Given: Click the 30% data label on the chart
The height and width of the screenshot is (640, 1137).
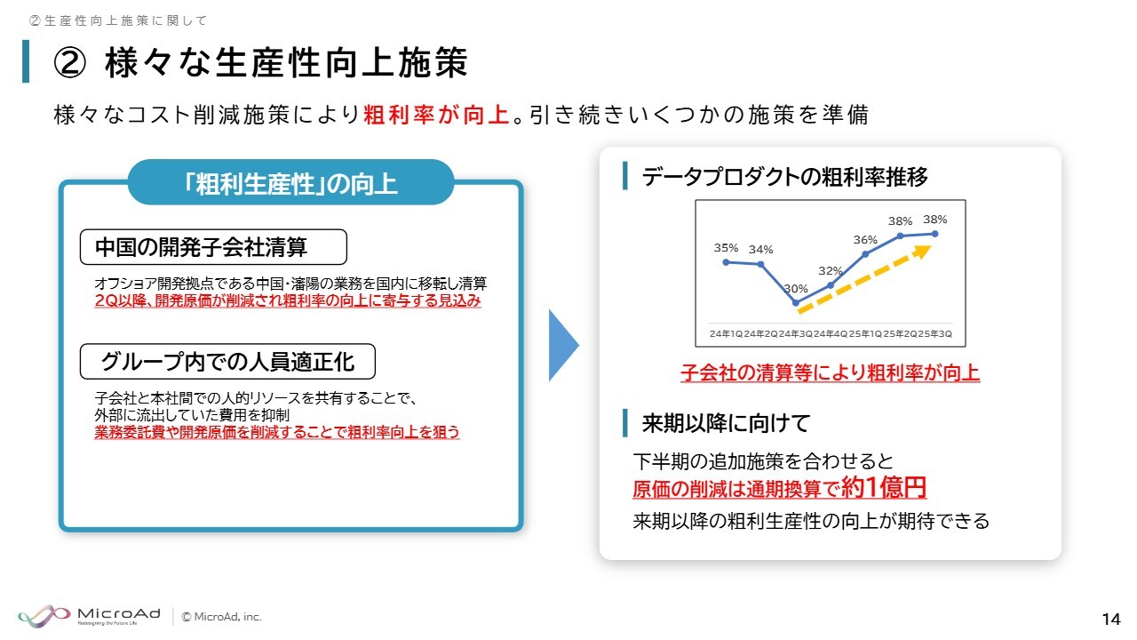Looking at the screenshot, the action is [795, 289].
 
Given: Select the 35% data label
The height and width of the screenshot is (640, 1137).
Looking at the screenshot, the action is [726, 248].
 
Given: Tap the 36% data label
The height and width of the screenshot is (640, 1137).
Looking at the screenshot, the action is [865, 240].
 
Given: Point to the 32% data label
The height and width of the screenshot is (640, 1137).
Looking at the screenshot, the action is [830, 271].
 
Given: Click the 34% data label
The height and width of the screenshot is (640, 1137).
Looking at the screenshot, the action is [761, 250].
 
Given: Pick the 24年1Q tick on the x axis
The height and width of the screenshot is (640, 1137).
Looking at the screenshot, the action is [726, 333].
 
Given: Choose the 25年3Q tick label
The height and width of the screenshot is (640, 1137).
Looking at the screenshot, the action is [935, 333].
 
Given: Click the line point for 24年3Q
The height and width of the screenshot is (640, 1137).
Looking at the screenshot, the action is [796, 303].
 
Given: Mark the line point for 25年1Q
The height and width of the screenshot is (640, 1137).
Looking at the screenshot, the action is [865, 254].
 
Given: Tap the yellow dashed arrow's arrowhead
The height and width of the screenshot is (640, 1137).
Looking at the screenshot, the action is [922, 252].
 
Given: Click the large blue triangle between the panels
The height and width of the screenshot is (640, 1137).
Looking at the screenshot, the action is [563, 346].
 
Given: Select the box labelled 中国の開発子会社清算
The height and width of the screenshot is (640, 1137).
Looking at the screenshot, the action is [213, 247].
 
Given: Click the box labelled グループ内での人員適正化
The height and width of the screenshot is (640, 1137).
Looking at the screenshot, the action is [227, 362].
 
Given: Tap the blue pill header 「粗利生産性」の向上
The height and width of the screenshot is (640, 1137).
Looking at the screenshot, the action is [290, 182].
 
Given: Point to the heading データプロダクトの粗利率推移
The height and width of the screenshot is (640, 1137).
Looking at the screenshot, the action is [784, 177].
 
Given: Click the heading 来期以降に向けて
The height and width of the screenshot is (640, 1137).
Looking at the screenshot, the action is [726, 423].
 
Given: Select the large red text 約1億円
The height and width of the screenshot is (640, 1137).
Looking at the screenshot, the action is [884, 487].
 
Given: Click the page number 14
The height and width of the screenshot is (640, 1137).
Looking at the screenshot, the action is [1111, 620].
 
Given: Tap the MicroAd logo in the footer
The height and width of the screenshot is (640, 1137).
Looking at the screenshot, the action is [90, 616].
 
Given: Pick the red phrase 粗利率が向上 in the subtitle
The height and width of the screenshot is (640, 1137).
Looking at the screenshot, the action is [436, 115].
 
